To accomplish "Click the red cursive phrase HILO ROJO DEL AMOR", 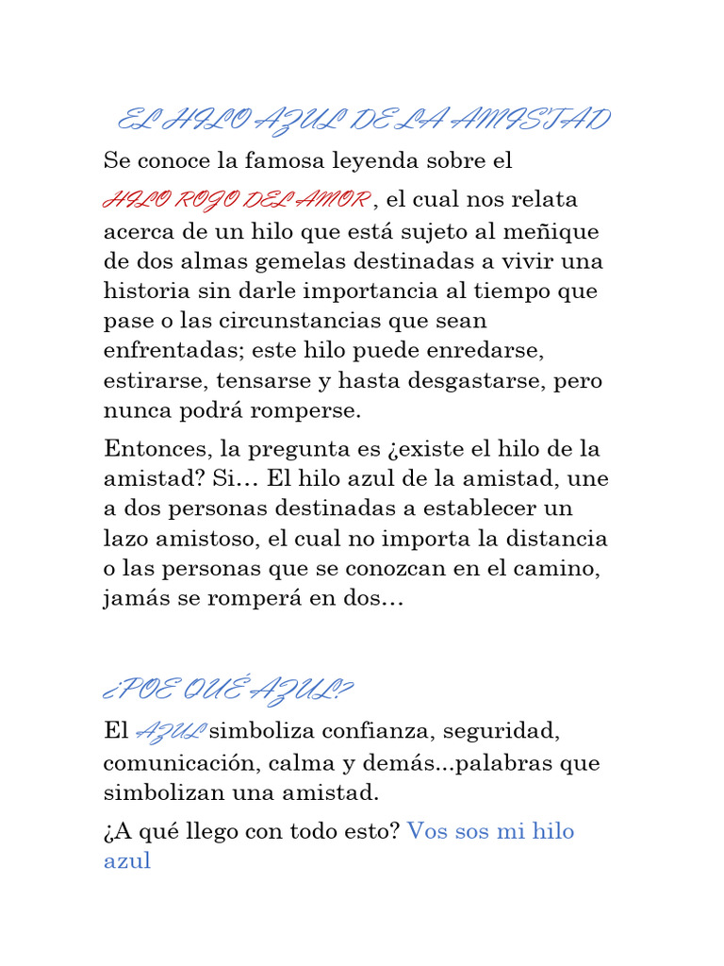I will (x=237, y=200).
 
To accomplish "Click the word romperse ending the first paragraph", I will (x=312, y=412).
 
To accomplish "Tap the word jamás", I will (x=131, y=599).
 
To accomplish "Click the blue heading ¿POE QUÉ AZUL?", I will (x=226, y=690).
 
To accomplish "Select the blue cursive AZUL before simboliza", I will (x=171, y=731).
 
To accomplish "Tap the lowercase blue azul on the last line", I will (x=126, y=861).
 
